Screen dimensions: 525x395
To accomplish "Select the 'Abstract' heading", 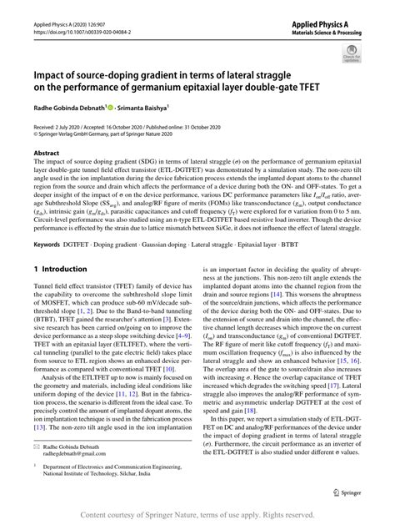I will (x=46, y=154).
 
